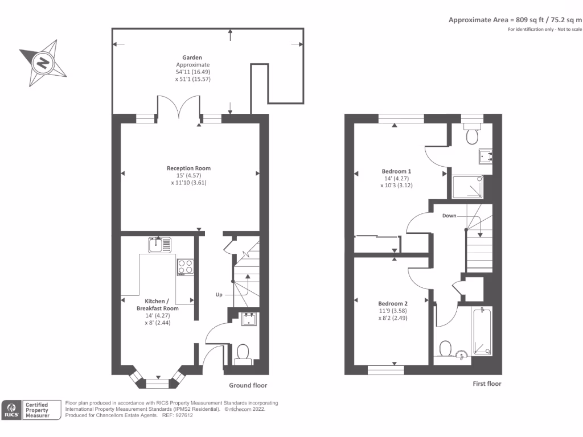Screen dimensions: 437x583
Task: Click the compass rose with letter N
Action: [43, 62]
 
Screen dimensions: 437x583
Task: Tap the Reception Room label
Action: [188, 168]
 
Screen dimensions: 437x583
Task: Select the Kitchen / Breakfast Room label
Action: [153, 304]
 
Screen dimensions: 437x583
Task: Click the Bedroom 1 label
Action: [396, 171]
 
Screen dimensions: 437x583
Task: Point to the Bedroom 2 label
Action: [393, 303]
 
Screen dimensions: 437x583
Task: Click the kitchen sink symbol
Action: [159, 244]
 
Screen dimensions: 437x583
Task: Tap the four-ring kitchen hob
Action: [184, 267]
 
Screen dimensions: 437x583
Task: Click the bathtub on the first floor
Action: [482, 332]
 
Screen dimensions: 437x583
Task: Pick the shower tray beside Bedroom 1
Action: [470, 187]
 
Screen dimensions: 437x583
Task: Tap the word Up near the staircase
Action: [219, 295]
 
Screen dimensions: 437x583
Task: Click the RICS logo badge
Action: [11, 410]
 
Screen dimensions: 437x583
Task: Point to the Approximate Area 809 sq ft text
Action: [515, 19]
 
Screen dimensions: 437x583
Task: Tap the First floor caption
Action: [487, 384]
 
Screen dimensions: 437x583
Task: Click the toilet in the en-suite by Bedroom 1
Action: [471, 135]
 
